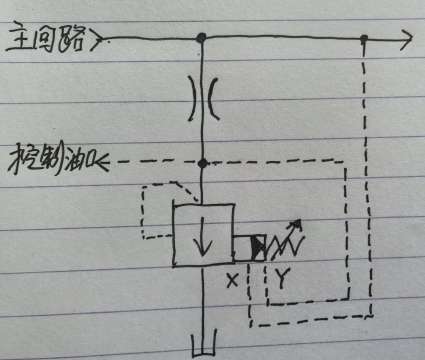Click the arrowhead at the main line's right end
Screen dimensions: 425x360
(404, 40)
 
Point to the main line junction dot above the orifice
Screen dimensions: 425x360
(202, 39)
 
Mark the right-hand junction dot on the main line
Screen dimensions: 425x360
(364, 40)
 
